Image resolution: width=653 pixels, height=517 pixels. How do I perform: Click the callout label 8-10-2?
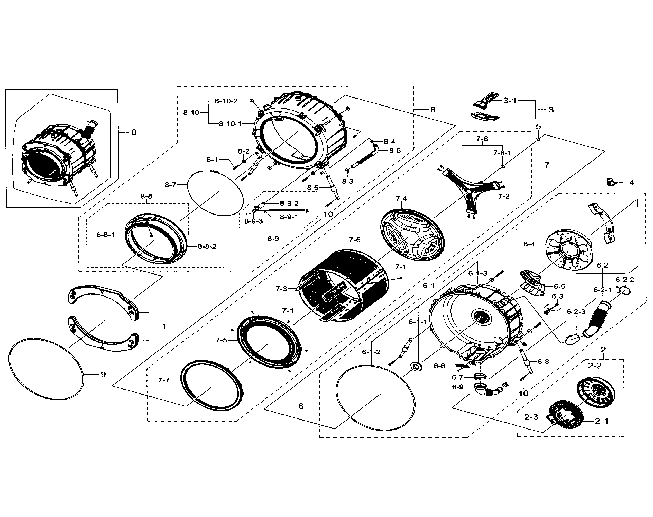tap(226, 101)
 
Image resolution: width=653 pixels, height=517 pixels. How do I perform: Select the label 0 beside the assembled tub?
tap(134, 132)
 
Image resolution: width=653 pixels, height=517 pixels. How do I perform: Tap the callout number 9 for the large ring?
tap(103, 375)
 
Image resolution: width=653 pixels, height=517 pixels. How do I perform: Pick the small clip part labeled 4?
tap(610, 182)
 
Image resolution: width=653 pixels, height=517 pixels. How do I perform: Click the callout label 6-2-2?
tap(624, 279)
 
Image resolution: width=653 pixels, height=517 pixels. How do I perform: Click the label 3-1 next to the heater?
tap(510, 101)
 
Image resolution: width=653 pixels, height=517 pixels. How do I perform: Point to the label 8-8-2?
tap(207, 246)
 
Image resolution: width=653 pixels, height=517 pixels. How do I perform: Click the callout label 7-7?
tap(164, 380)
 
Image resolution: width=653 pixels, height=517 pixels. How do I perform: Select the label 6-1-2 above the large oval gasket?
tap(371, 352)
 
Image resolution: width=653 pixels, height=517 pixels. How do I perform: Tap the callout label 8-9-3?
tap(253, 221)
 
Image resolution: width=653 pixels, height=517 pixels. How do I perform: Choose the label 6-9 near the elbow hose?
tap(458, 387)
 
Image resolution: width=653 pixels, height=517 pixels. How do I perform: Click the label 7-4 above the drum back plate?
tap(401, 198)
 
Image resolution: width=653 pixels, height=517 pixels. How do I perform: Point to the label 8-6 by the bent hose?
tap(395, 150)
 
